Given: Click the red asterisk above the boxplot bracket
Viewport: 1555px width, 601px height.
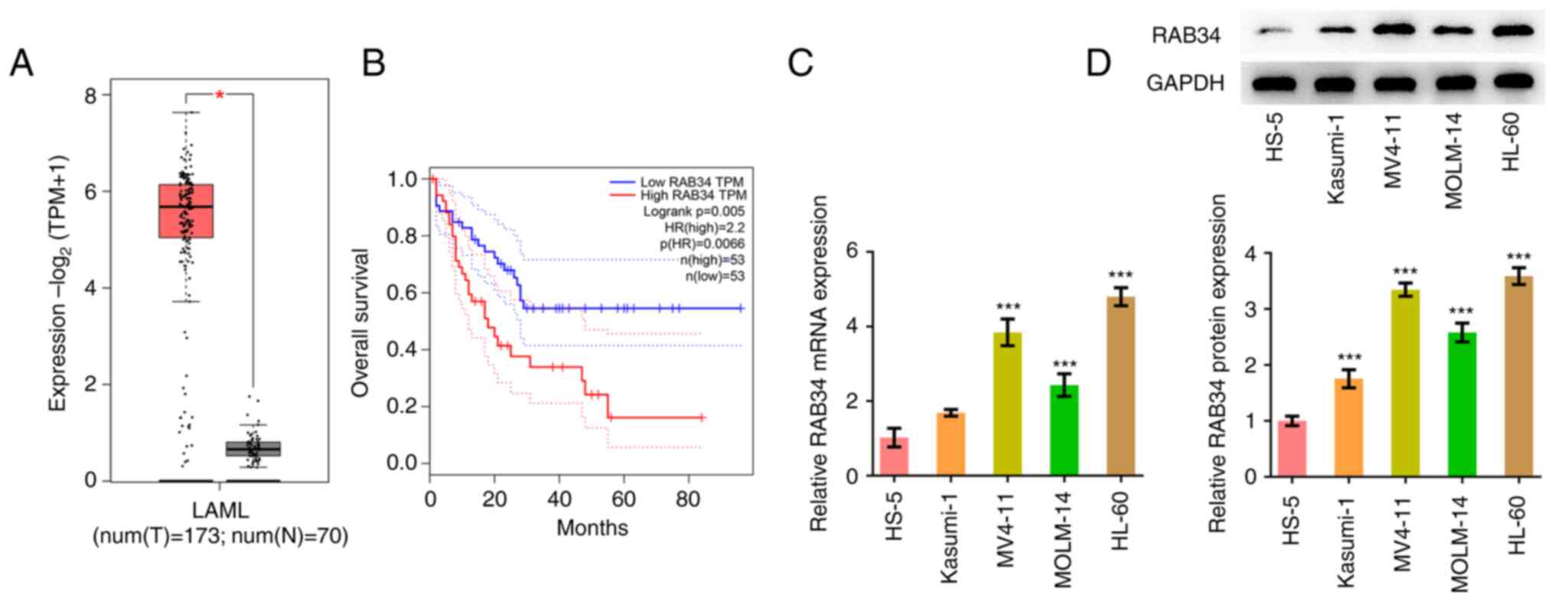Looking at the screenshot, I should click(x=220, y=95).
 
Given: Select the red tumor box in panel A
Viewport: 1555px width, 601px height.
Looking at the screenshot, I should click(x=186, y=211).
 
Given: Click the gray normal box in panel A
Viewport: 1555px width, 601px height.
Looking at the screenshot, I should click(x=253, y=449).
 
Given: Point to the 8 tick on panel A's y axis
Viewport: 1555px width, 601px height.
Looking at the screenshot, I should click(x=91, y=96).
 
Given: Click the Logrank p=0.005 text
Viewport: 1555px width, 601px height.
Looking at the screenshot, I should click(x=693, y=211).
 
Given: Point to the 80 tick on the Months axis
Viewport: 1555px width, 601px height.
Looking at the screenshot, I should click(x=688, y=499).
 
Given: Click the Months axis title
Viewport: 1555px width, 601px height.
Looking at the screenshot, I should click(x=592, y=528).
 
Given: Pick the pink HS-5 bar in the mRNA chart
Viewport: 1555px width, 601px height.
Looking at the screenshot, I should click(x=894, y=456).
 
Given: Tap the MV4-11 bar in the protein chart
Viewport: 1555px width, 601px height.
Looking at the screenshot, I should click(x=1405, y=382).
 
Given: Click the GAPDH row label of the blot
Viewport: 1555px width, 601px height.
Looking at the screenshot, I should click(x=1185, y=83).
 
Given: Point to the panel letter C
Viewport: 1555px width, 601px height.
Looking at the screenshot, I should click(x=800, y=63).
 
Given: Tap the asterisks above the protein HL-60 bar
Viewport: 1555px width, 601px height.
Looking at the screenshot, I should click(x=1518, y=257).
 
